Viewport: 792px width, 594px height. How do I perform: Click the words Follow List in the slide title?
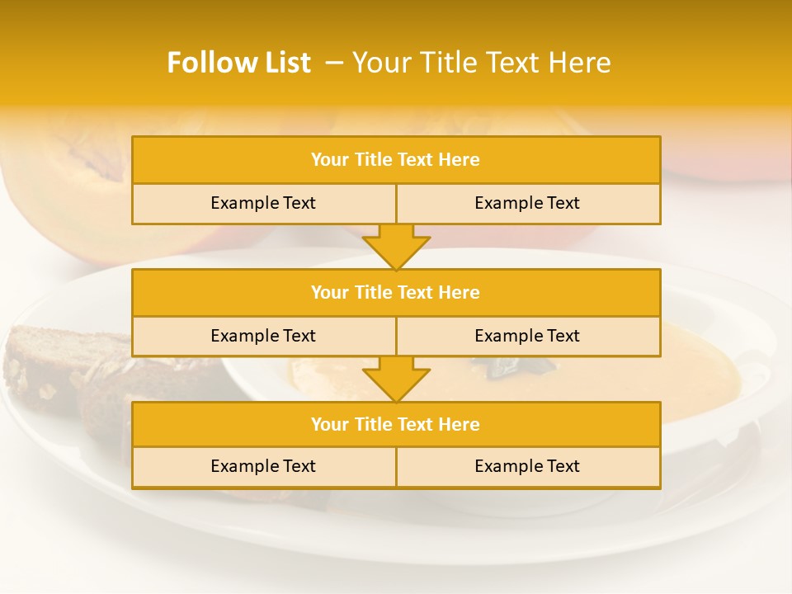(x=238, y=63)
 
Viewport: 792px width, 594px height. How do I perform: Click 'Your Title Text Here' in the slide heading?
(x=482, y=63)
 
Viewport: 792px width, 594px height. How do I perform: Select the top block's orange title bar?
(x=396, y=160)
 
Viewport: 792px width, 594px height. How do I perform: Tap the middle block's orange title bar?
(x=396, y=292)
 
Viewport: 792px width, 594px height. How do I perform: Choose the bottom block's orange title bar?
(x=396, y=424)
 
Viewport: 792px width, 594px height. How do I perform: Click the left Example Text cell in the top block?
(x=263, y=203)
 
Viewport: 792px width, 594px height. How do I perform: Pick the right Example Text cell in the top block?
(x=527, y=203)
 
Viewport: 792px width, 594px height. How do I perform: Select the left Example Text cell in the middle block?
(x=263, y=336)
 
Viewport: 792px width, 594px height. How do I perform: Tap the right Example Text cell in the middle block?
(x=527, y=336)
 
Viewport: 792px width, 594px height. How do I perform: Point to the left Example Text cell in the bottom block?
(x=263, y=466)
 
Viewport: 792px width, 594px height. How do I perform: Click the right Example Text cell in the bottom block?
(x=527, y=466)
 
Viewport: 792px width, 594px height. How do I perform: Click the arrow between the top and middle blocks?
(x=396, y=247)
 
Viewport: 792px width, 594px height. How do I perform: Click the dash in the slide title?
(x=334, y=63)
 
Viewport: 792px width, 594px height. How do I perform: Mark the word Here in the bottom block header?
(x=460, y=424)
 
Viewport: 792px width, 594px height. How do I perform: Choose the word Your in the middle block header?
(x=330, y=292)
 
